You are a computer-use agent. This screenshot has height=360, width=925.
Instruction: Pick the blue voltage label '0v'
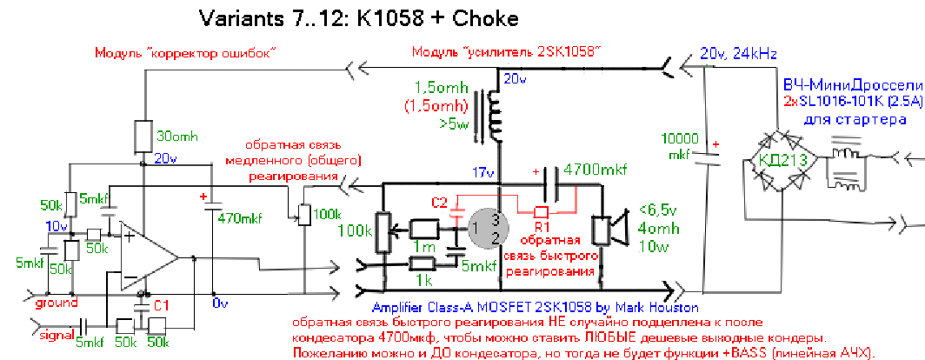click(x=219, y=303)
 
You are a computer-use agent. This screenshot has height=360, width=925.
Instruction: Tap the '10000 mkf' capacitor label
click(x=678, y=146)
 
